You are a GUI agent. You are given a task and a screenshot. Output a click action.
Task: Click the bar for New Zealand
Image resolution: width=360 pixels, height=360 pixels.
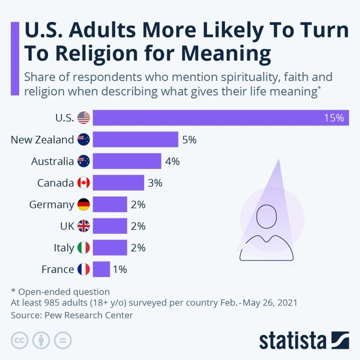point(135,140)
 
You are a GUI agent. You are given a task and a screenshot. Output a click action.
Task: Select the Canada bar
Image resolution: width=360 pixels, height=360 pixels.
point(118,183)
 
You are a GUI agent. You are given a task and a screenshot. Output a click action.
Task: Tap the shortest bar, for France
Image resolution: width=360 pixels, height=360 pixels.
point(101,269)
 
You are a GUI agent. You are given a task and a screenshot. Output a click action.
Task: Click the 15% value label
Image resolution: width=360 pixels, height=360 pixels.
point(334,118)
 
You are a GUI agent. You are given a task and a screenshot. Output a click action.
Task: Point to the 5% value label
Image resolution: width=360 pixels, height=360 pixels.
point(189,140)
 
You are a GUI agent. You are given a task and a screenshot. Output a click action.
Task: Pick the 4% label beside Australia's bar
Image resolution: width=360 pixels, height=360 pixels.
point(172,161)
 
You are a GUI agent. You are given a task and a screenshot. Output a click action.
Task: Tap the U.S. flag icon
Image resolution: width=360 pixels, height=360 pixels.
point(84,118)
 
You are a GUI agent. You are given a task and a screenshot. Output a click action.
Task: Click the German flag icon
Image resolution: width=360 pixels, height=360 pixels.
point(84,204)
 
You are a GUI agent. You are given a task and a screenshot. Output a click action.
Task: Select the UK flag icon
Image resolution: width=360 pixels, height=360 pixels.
point(84,226)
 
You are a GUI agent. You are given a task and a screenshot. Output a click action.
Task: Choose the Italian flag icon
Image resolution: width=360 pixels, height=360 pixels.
point(84,247)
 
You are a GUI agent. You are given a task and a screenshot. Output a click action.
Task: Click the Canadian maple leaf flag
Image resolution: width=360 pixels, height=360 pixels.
point(84,183)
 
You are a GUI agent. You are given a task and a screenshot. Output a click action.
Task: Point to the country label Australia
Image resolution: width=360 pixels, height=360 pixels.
point(52,161)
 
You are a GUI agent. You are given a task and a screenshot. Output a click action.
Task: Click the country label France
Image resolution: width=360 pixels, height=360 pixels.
point(57,269)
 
